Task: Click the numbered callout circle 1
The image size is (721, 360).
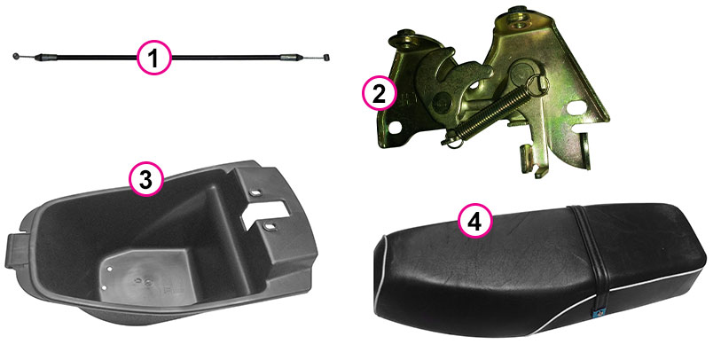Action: (x=154, y=58)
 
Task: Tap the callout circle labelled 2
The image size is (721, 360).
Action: (x=379, y=93)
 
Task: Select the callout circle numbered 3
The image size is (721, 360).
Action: (x=145, y=179)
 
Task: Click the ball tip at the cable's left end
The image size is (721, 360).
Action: (x=16, y=56)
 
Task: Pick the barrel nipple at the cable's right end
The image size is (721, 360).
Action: (x=326, y=57)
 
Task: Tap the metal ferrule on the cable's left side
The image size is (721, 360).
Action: (x=46, y=58)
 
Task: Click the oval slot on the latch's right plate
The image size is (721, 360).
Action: (x=576, y=108)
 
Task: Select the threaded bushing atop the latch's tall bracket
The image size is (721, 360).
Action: (x=515, y=13)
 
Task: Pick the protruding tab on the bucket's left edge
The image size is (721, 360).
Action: (x=14, y=250)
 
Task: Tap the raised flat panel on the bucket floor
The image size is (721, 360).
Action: (x=144, y=277)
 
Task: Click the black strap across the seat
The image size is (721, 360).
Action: (x=590, y=257)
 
